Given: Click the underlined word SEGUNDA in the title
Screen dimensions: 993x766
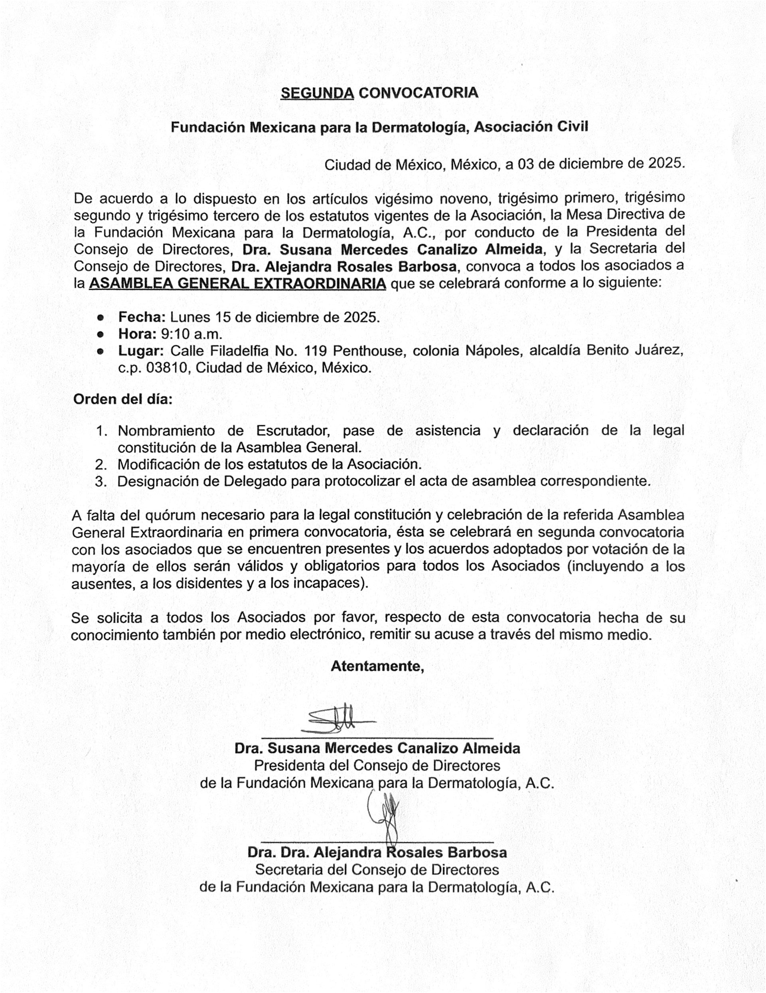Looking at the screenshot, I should click(x=317, y=93).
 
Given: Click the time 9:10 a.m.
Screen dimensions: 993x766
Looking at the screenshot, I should click(x=191, y=334).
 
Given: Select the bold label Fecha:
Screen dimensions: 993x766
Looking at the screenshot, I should click(x=142, y=317).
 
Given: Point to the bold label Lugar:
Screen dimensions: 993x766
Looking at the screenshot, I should click(x=141, y=351).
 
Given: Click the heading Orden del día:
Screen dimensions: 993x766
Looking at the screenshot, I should click(x=123, y=400).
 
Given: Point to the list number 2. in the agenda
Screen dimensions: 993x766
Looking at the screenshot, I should click(x=101, y=465).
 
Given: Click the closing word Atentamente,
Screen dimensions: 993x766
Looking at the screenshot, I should click(x=377, y=667).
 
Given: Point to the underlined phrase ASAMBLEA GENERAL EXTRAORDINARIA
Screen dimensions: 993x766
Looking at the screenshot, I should click(x=238, y=284).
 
